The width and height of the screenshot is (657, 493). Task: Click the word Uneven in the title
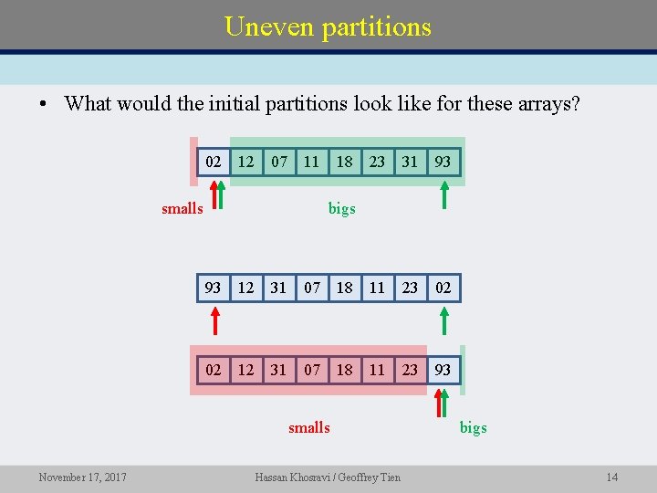click(x=268, y=26)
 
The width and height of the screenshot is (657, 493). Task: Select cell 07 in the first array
click(x=279, y=162)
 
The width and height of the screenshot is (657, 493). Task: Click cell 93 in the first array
click(x=443, y=162)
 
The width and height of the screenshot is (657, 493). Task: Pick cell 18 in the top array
click(x=344, y=162)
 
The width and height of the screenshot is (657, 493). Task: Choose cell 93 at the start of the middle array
click(x=214, y=288)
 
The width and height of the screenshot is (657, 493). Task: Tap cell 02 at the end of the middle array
click(x=443, y=288)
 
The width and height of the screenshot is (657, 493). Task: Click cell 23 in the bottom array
click(x=410, y=370)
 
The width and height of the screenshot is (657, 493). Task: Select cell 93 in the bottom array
click(x=443, y=370)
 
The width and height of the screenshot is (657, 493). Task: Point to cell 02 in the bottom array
click(x=214, y=370)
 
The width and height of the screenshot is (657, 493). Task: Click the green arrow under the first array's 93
click(x=444, y=195)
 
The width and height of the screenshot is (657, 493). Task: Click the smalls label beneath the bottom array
click(x=309, y=427)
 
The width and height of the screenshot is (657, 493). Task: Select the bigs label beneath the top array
click(x=342, y=209)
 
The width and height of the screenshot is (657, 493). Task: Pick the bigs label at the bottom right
click(x=474, y=427)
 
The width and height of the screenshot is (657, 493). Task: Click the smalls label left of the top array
click(x=182, y=209)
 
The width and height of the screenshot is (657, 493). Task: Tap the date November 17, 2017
click(x=83, y=477)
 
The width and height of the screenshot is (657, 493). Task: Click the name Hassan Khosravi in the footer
click(x=297, y=477)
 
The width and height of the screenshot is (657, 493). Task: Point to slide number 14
click(x=611, y=477)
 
